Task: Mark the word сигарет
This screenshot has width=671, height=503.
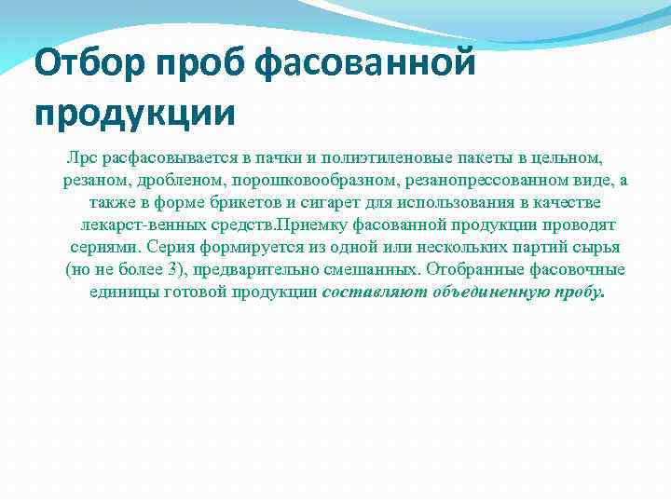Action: tap(330, 203)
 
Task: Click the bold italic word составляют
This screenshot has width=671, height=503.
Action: tap(375, 292)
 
